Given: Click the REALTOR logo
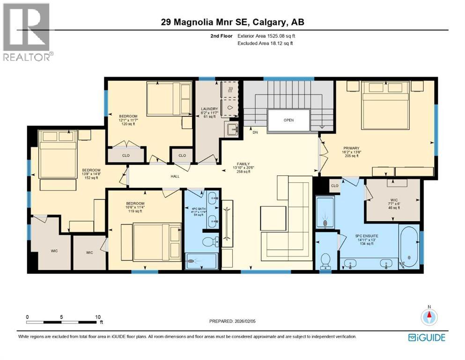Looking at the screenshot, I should (27, 32).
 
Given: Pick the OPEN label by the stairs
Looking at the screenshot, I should (288, 120).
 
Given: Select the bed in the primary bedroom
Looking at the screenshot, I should (385, 106).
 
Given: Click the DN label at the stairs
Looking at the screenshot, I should (256, 133).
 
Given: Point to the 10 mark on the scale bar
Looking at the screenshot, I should (98, 317).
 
